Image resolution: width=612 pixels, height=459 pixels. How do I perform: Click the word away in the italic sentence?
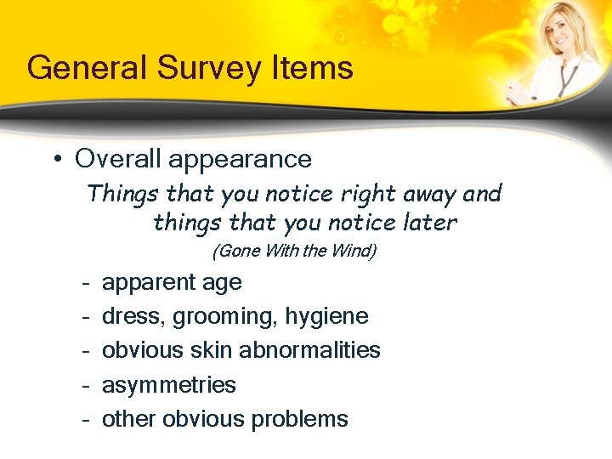point(428,194)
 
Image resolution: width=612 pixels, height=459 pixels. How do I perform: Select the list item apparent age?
point(172,283)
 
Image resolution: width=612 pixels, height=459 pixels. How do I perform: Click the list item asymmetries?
point(168,385)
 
